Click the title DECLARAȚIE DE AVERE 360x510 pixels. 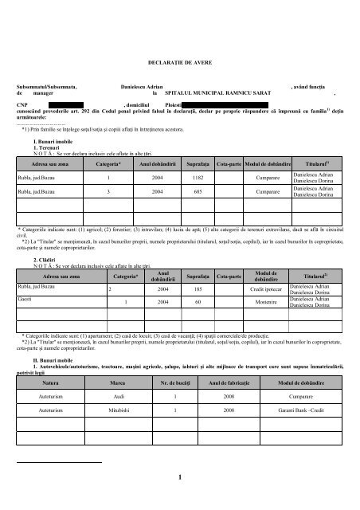point(179,61)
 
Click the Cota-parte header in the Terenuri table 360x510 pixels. point(229,163)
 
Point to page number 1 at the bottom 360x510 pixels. point(179,477)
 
